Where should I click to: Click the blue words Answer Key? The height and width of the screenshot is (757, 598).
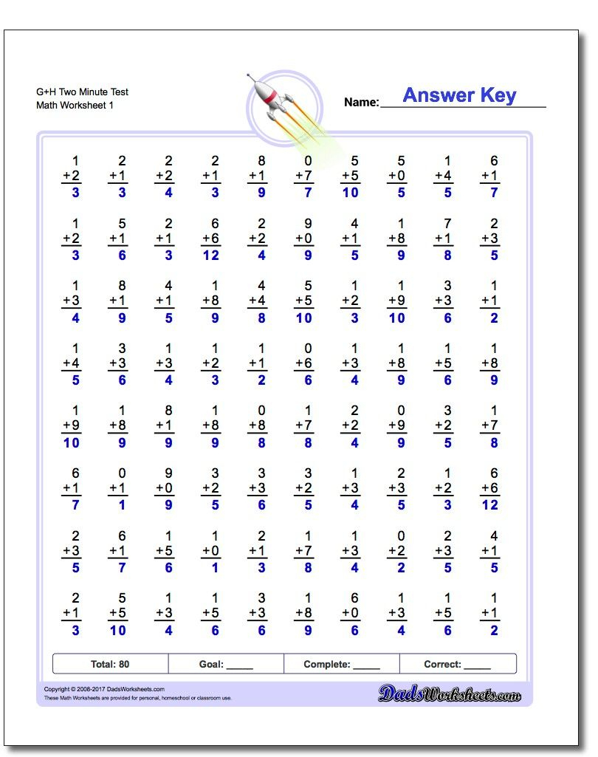[x=459, y=95]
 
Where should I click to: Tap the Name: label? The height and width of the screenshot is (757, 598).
[x=361, y=103]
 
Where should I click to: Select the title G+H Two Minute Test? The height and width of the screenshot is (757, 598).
[x=82, y=92]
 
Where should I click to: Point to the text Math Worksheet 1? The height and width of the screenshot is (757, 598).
[x=75, y=106]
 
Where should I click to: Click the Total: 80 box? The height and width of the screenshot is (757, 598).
[x=110, y=664]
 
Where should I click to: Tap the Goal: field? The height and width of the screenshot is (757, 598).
[x=226, y=664]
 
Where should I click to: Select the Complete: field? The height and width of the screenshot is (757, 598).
[x=342, y=664]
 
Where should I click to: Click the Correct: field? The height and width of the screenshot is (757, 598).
[x=457, y=664]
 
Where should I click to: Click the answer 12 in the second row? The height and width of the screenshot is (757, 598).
[x=211, y=256]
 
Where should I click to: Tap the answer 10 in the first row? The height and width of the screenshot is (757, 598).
[x=350, y=193]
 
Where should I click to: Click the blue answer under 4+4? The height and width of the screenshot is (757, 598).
[x=261, y=318]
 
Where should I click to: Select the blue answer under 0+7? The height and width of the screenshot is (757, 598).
[x=308, y=193]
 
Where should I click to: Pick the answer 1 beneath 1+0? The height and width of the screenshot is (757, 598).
[x=215, y=568]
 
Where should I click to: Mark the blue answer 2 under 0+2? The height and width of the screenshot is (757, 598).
[x=401, y=568]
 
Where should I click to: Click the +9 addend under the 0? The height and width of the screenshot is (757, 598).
[x=396, y=425]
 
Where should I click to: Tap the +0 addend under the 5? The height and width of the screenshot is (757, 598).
[x=396, y=176]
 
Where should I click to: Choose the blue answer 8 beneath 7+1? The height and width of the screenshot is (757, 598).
[x=447, y=256]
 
